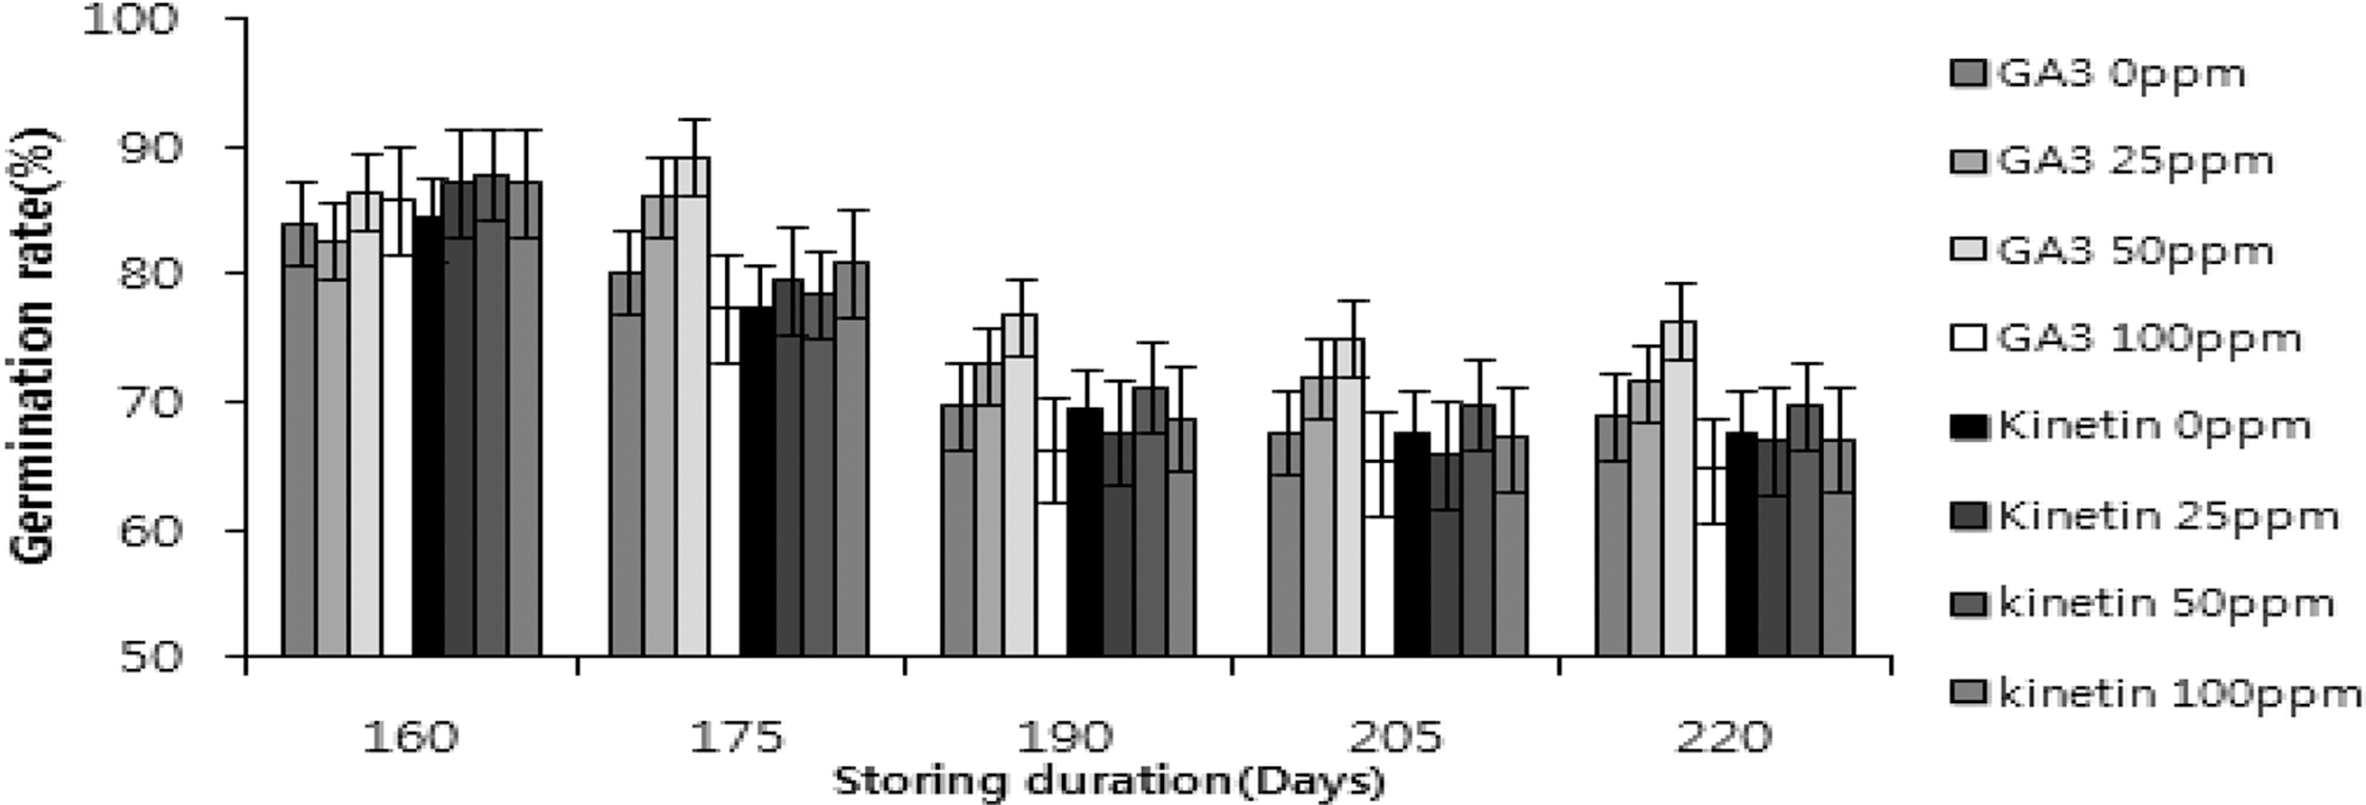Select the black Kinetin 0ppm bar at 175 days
756,486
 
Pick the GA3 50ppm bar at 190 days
1019,486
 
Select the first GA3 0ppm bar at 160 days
299,441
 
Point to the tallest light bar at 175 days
692,413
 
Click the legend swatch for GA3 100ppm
1967,338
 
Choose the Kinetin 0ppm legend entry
2126,426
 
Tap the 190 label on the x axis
1066,737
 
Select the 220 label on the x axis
1722,737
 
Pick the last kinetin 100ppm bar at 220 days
1839,551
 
